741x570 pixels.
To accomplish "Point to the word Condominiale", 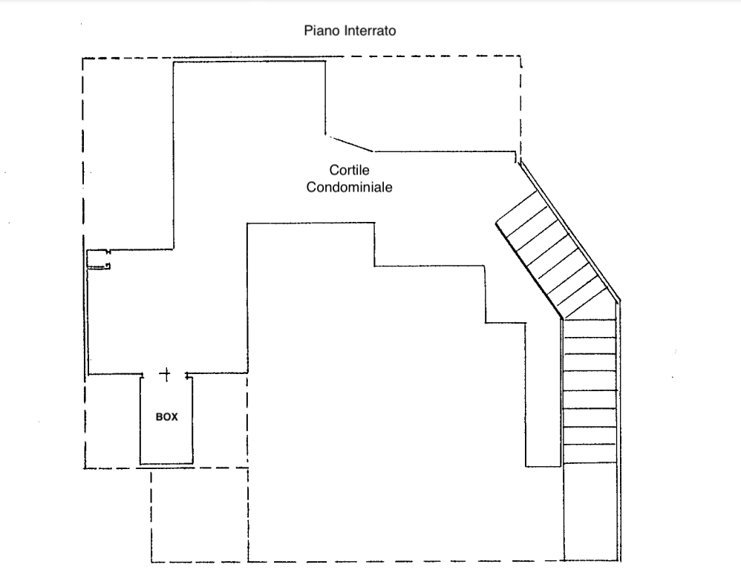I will (350, 188).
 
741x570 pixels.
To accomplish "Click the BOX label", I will (166, 417).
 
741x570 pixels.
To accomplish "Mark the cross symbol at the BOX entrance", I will (166, 373).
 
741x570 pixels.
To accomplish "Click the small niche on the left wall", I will (98, 259).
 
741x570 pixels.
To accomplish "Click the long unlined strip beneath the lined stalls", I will (590, 512).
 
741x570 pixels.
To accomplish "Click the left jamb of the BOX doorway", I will (142, 375).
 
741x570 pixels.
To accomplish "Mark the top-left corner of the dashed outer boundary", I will (82, 59).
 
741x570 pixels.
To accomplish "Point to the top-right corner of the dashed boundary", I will (520, 56).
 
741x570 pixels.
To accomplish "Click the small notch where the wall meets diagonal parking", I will (517, 157).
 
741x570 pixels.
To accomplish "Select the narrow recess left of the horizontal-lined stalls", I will (543, 393).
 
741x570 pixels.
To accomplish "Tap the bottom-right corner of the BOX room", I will (194, 465).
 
